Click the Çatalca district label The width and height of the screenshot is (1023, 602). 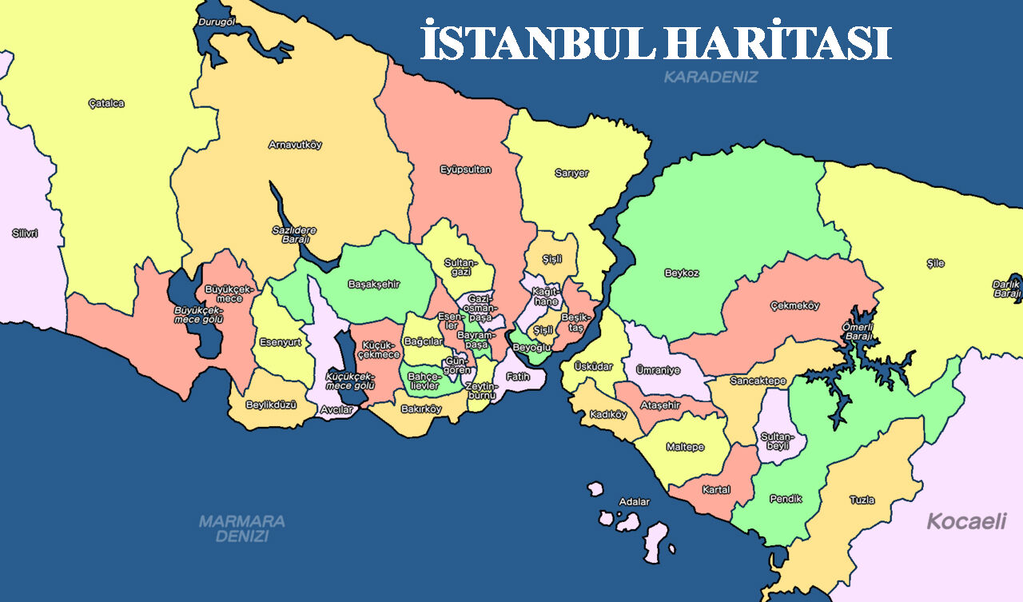(x=106, y=103)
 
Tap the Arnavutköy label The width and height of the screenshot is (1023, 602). (x=295, y=146)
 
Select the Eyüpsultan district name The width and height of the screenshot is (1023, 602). (x=465, y=169)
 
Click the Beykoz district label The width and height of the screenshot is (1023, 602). (x=681, y=273)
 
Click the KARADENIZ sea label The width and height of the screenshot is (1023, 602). (x=711, y=78)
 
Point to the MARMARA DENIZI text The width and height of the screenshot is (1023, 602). (x=241, y=528)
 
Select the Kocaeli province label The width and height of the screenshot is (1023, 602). (x=965, y=522)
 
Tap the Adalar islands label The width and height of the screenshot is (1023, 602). (x=635, y=502)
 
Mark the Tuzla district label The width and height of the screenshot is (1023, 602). (x=862, y=500)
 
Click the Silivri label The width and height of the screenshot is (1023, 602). (x=25, y=233)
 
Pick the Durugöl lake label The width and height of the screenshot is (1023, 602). (x=216, y=22)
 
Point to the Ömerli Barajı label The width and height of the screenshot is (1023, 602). (x=858, y=331)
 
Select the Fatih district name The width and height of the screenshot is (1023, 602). (x=517, y=377)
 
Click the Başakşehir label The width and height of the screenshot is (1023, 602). (x=373, y=284)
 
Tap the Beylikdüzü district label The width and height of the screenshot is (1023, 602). (x=271, y=405)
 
